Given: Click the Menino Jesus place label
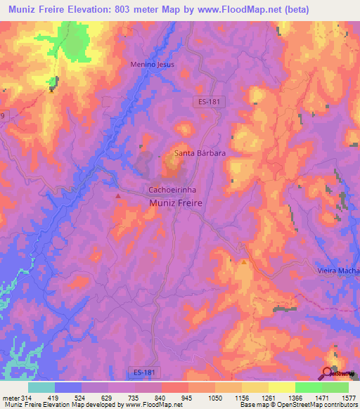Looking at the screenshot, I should [x=152, y=64].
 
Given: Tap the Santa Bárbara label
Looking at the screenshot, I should [x=199, y=152].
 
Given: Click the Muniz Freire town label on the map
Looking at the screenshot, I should [x=176, y=202].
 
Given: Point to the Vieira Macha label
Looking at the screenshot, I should [x=335, y=271].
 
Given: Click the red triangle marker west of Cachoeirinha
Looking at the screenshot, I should [x=118, y=196].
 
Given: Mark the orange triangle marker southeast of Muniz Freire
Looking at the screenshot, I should [x=244, y=262].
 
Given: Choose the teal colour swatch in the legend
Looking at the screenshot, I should [x=41, y=387].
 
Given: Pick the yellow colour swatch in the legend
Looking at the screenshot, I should [x=281, y=387].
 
